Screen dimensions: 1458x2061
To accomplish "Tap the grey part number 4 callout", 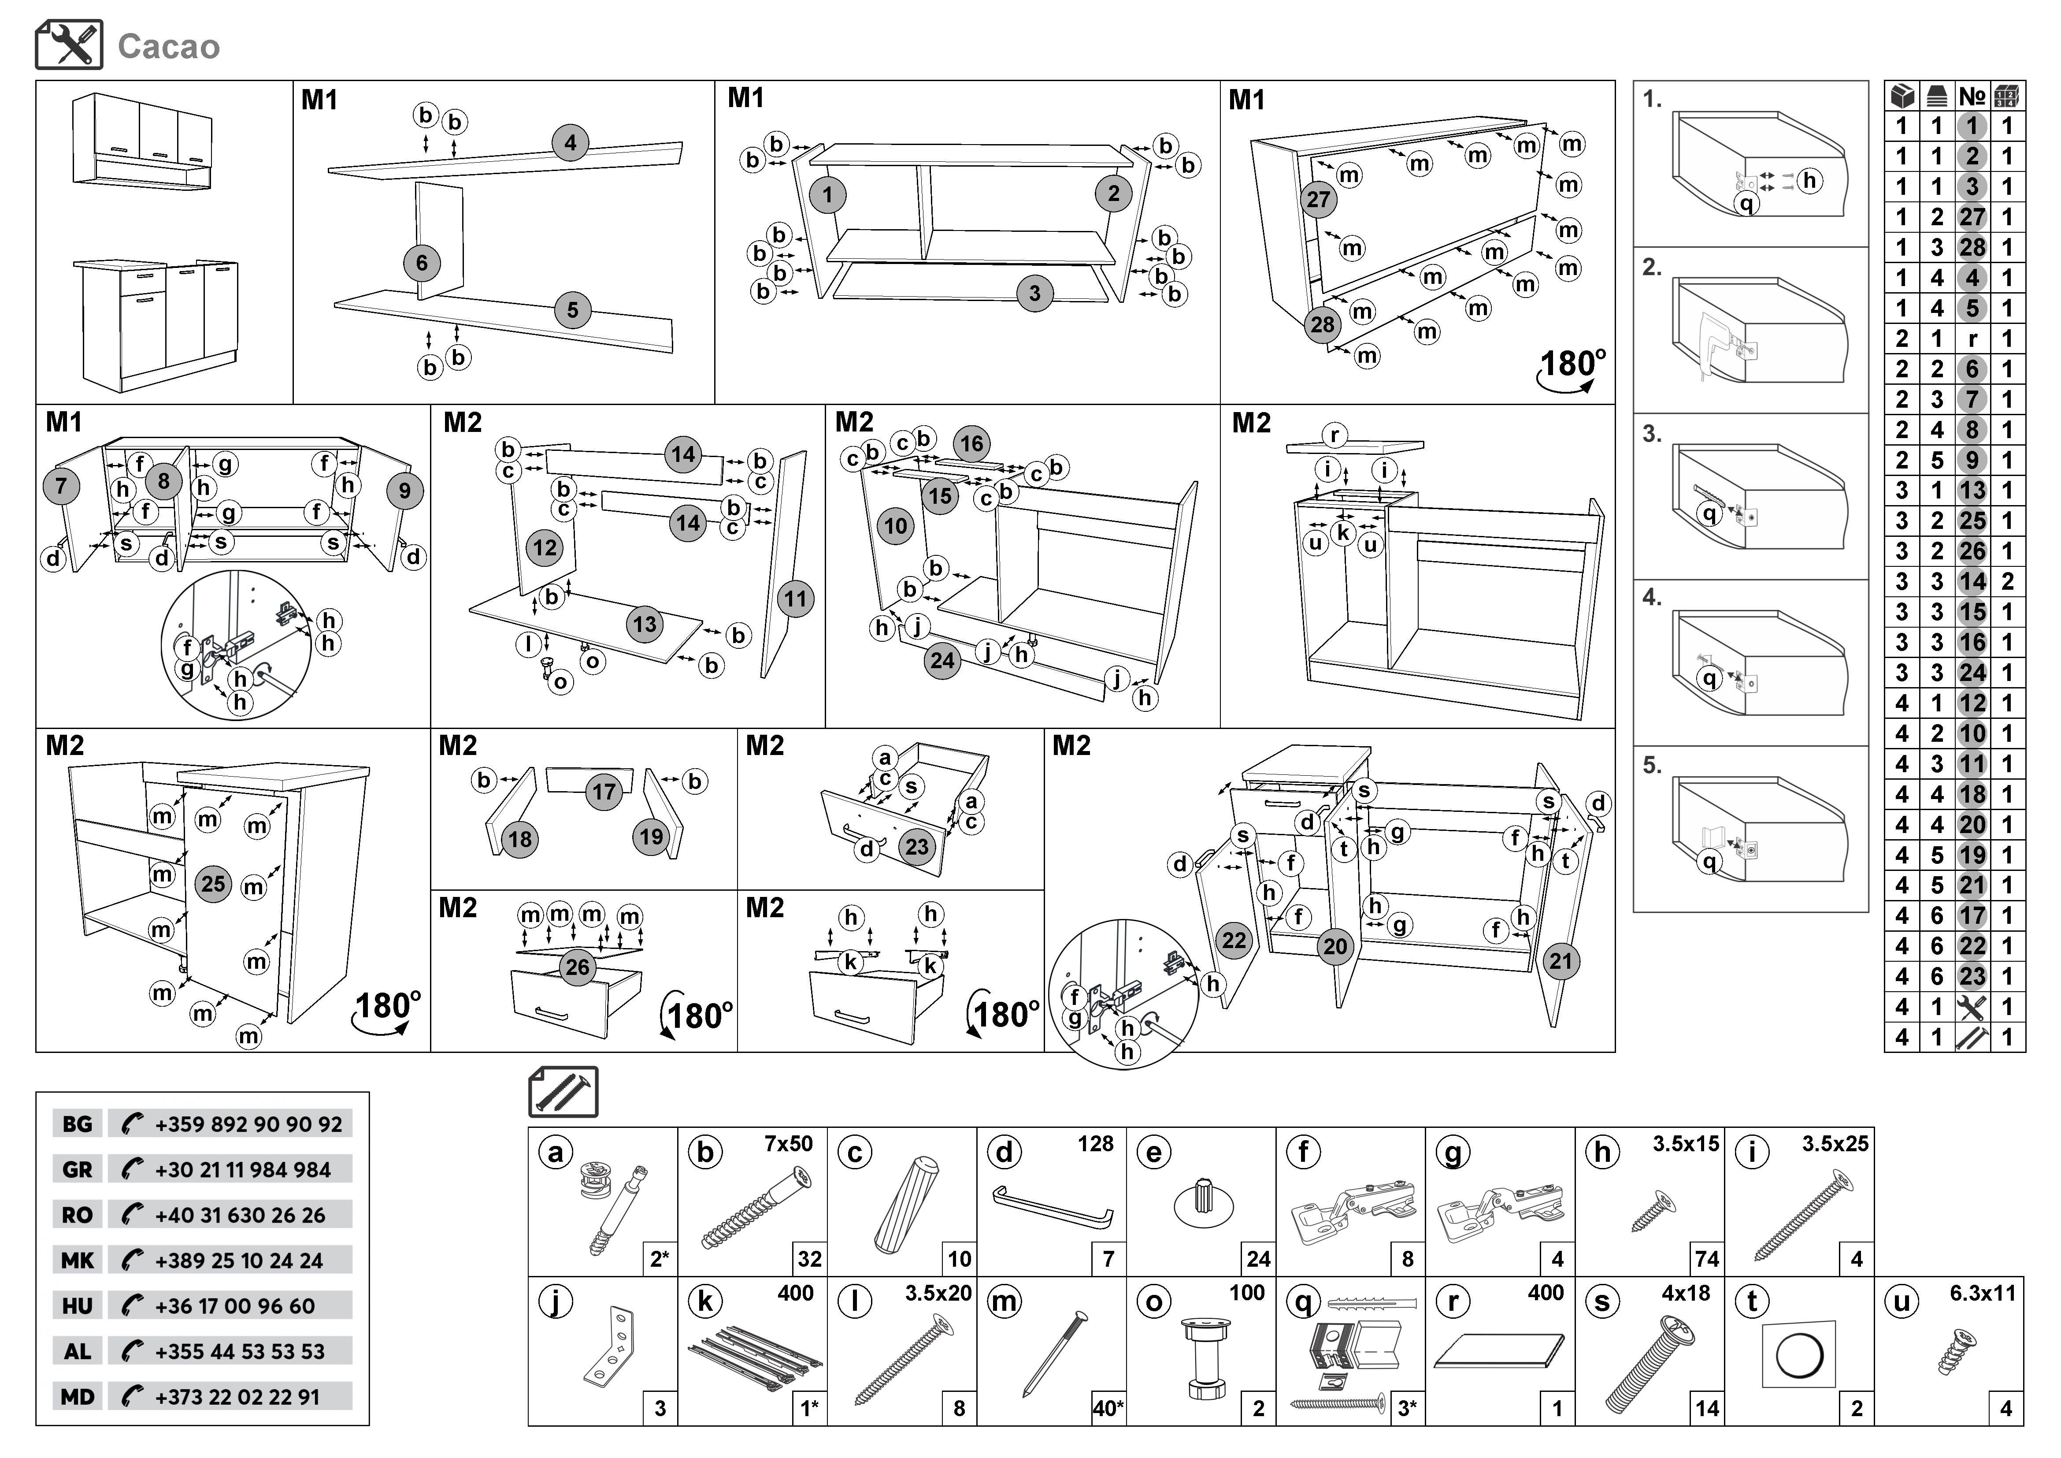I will pos(570,143).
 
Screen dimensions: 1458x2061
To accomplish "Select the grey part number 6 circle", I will pos(422,263).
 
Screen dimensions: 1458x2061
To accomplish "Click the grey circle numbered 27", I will pos(1318,199).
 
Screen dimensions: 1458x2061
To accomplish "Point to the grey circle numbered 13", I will pos(645,624).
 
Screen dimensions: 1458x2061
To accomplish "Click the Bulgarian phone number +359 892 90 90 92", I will pos(248,1124).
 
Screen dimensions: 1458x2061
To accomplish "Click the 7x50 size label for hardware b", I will pos(788,1144).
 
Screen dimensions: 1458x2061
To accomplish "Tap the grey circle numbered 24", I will pos(942,661).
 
